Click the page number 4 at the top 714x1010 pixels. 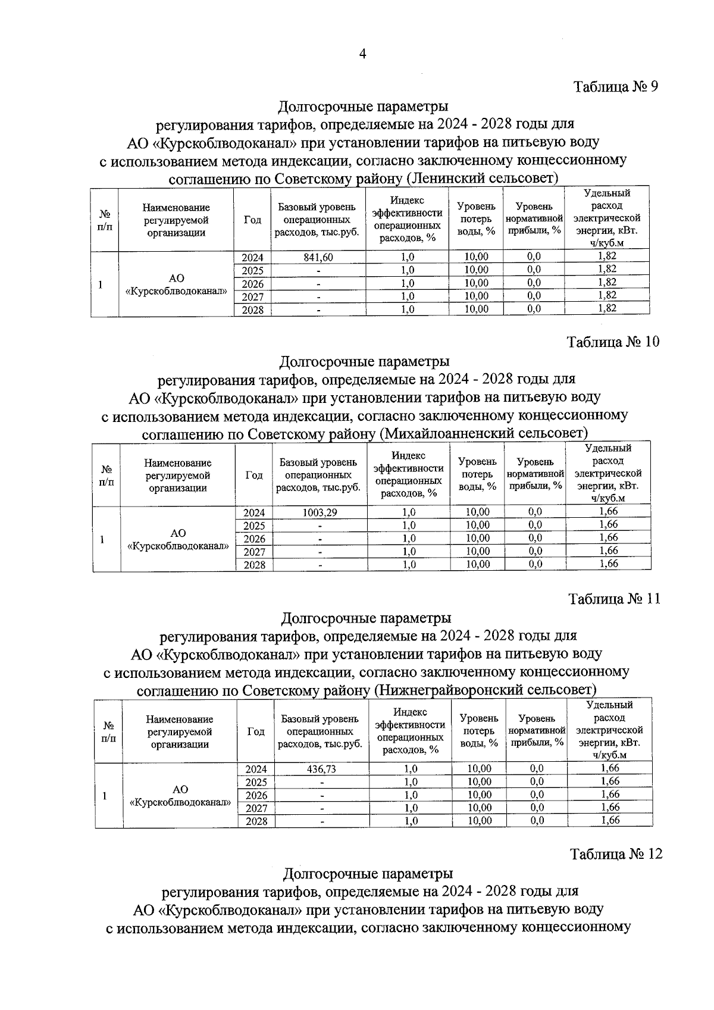click(362, 54)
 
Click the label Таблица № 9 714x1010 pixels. click(616, 87)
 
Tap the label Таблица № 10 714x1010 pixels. click(613, 342)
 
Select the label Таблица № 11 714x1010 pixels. click(615, 598)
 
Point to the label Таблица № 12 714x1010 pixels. click(616, 853)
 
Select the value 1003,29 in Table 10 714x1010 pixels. click(320, 512)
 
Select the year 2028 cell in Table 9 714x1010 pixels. click(253, 309)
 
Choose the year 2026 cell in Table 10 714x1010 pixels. click(254, 539)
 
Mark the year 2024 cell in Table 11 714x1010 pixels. click(256, 768)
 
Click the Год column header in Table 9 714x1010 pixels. click(252, 220)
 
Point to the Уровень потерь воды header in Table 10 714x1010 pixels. click(477, 474)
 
